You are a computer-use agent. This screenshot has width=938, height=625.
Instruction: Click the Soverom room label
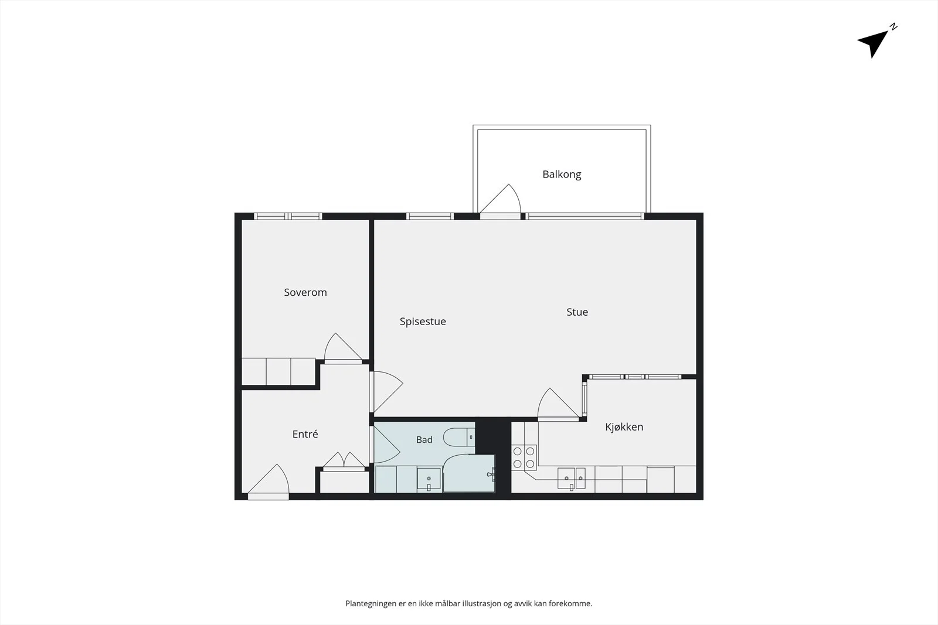(305, 292)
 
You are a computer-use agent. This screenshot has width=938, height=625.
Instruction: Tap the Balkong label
(562, 175)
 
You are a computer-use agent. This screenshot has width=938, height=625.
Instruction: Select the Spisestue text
(423, 321)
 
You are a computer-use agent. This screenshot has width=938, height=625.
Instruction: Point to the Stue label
(577, 312)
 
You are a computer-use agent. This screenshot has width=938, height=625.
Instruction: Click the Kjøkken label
(624, 426)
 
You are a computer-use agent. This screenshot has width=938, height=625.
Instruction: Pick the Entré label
(305, 434)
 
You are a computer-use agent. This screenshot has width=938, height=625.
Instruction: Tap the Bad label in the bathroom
(424, 439)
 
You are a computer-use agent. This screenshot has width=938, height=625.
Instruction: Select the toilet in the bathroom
(459, 437)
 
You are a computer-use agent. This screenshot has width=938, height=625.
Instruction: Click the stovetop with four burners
(524, 457)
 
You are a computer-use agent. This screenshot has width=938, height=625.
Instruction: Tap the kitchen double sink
(571, 478)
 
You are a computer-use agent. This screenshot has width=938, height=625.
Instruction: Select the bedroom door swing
(344, 348)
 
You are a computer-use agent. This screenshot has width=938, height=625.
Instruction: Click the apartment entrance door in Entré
(269, 481)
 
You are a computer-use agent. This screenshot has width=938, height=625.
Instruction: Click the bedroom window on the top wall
(288, 216)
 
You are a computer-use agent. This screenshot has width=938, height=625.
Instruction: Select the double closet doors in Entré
(344, 462)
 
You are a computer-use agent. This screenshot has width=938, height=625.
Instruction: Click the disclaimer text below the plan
(468, 604)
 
